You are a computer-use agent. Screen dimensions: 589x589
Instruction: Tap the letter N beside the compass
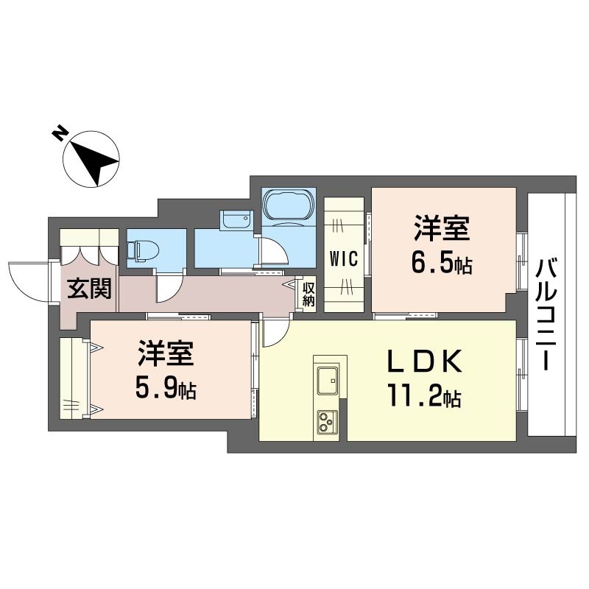[58, 133]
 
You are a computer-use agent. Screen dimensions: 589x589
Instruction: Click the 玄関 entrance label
[91, 289]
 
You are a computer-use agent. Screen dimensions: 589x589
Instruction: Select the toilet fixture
[141, 250]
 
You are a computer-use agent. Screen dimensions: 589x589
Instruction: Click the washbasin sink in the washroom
[236, 221]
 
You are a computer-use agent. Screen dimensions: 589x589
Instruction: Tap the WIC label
[344, 259]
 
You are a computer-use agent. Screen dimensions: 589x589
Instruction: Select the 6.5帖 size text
[441, 263]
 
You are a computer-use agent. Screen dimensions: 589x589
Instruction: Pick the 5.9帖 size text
[166, 389]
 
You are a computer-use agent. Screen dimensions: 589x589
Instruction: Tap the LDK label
[425, 361]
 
